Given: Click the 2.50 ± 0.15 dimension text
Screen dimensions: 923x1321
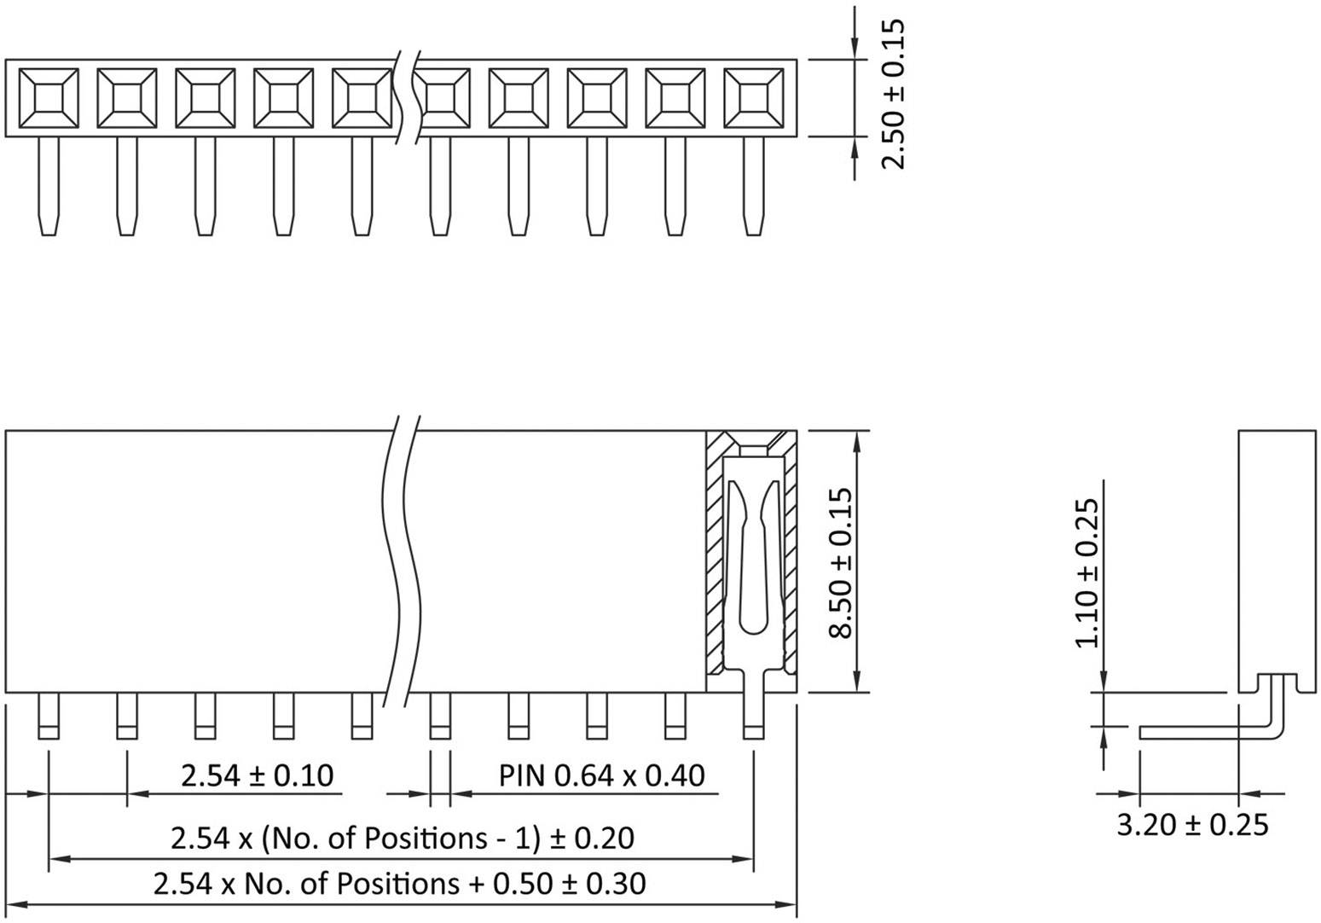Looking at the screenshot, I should click(x=892, y=95).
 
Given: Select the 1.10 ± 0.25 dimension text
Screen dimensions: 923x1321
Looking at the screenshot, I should click(x=1087, y=573).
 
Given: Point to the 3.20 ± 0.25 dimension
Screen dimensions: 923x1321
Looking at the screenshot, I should click(x=1192, y=824).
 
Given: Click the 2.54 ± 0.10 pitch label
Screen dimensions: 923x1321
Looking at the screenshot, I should click(x=257, y=775).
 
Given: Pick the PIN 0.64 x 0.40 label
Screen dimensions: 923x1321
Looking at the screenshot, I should click(x=601, y=775).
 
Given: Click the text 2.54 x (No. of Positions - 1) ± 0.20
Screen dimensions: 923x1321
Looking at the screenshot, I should click(x=402, y=838).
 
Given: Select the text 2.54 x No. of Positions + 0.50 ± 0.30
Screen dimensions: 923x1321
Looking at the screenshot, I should click(x=399, y=883).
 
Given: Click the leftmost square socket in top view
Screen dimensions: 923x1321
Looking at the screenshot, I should click(x=49, y=98).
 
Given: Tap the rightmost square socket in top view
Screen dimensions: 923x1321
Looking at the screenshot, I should click(x=753, y=98).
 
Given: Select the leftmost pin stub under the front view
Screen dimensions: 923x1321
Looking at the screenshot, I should click(x=49, y=717).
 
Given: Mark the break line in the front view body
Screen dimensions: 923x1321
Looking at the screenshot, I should click(x=400, y=563).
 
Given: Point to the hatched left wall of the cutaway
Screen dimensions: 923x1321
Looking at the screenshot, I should click(x=715, y=563).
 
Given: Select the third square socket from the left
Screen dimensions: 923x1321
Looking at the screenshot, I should click(x=206, y=98).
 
